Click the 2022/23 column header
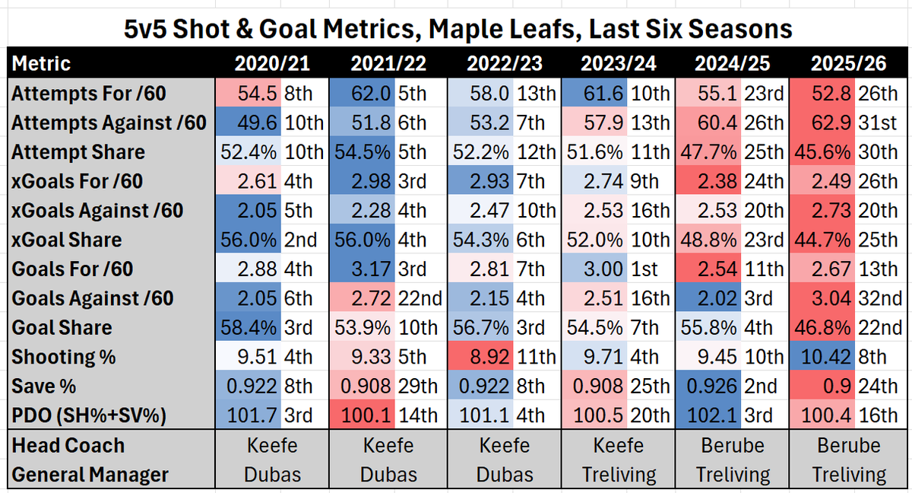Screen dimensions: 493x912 503,63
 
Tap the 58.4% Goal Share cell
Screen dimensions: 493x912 248,327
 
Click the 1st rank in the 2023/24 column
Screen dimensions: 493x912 650,269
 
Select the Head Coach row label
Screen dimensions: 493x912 68,446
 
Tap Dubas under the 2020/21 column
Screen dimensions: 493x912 273,475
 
